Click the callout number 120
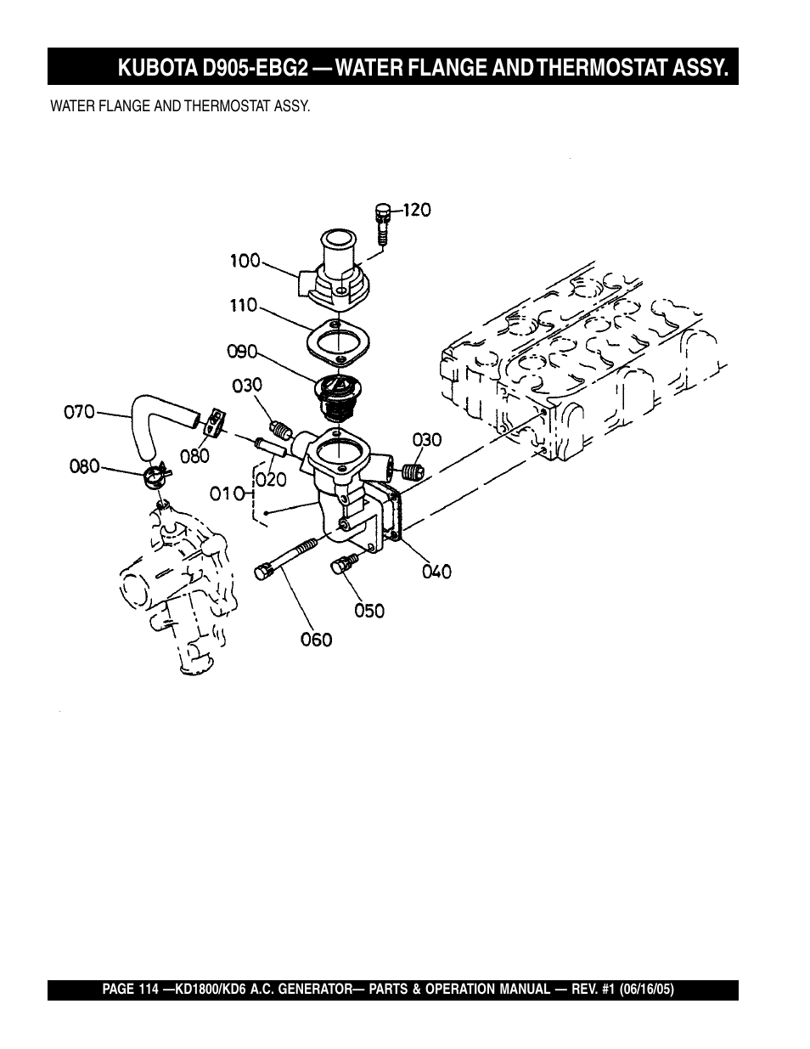click(417, 210)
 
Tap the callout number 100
click(245, 261)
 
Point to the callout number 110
click(244, 305)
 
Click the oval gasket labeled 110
click(338, 341)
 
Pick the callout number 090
click(242, 352)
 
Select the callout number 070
click(80, 412)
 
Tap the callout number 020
click(271, 480)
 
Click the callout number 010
click(228, 493)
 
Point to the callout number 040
click(436, 572)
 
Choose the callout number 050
click(369, 612)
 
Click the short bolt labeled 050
click(344, 563)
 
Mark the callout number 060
click(317, 640)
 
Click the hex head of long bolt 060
click(262, 572)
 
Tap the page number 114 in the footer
click(149, 990)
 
